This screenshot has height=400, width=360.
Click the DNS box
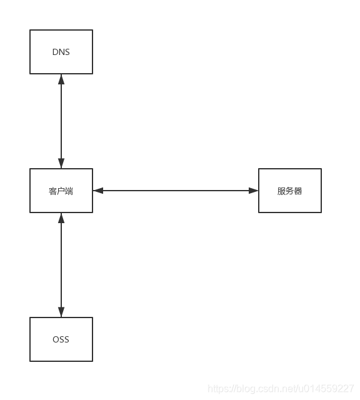tap(61, 52)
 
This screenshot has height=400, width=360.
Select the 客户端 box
tap(61, 191)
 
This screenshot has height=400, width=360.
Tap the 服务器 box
tap(289, 191)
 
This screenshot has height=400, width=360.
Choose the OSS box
tap(61, 339)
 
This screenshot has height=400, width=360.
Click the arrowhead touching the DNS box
tap(61, 79)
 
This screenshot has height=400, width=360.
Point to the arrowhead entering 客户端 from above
tap(61, 163)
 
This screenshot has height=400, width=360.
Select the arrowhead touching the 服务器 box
tap(253, 191)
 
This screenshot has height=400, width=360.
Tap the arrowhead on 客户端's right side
tap(98, 191)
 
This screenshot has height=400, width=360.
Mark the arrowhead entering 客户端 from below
tap(61, 218)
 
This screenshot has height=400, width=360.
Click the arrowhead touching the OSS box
tap(61, 312)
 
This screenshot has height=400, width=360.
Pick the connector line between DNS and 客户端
tap(61, 121)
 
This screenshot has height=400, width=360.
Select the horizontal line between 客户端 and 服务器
tap(176, 191)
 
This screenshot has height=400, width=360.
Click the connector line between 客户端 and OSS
tap(61, 265)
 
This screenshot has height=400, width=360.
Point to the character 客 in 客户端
tap(53, 191)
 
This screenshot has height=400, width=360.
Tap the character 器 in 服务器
tap(298, 191)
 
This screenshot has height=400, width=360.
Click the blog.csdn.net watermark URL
tap(281, 389)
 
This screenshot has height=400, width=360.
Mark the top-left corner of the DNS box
tap(30, 30)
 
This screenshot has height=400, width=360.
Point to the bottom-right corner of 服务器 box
tap(321, 212)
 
